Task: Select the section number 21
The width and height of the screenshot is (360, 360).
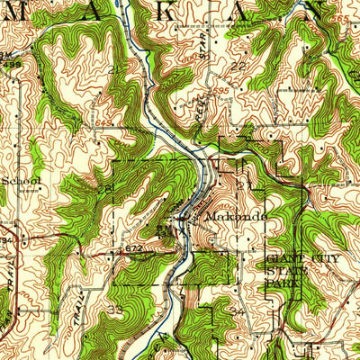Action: point(105,190)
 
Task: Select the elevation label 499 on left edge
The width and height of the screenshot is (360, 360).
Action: point(4,241)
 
